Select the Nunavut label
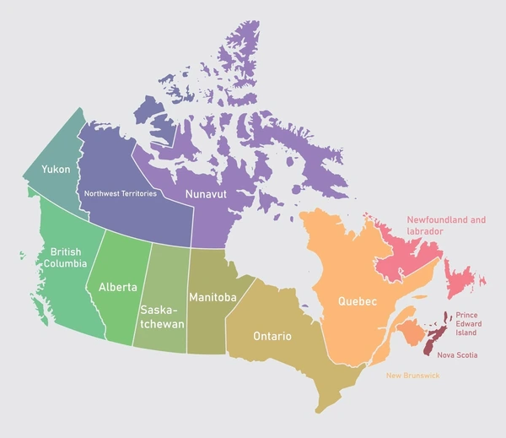[x=207, y=193]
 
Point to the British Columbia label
[x=67, y=257]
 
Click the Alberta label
[x=117, y=287]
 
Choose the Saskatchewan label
[x=162, y=316]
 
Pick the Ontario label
[x=272, y=336]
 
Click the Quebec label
[x=357, y=300]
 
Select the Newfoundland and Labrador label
[x=446, y=225]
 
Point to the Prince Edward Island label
[x=472, y=324]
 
